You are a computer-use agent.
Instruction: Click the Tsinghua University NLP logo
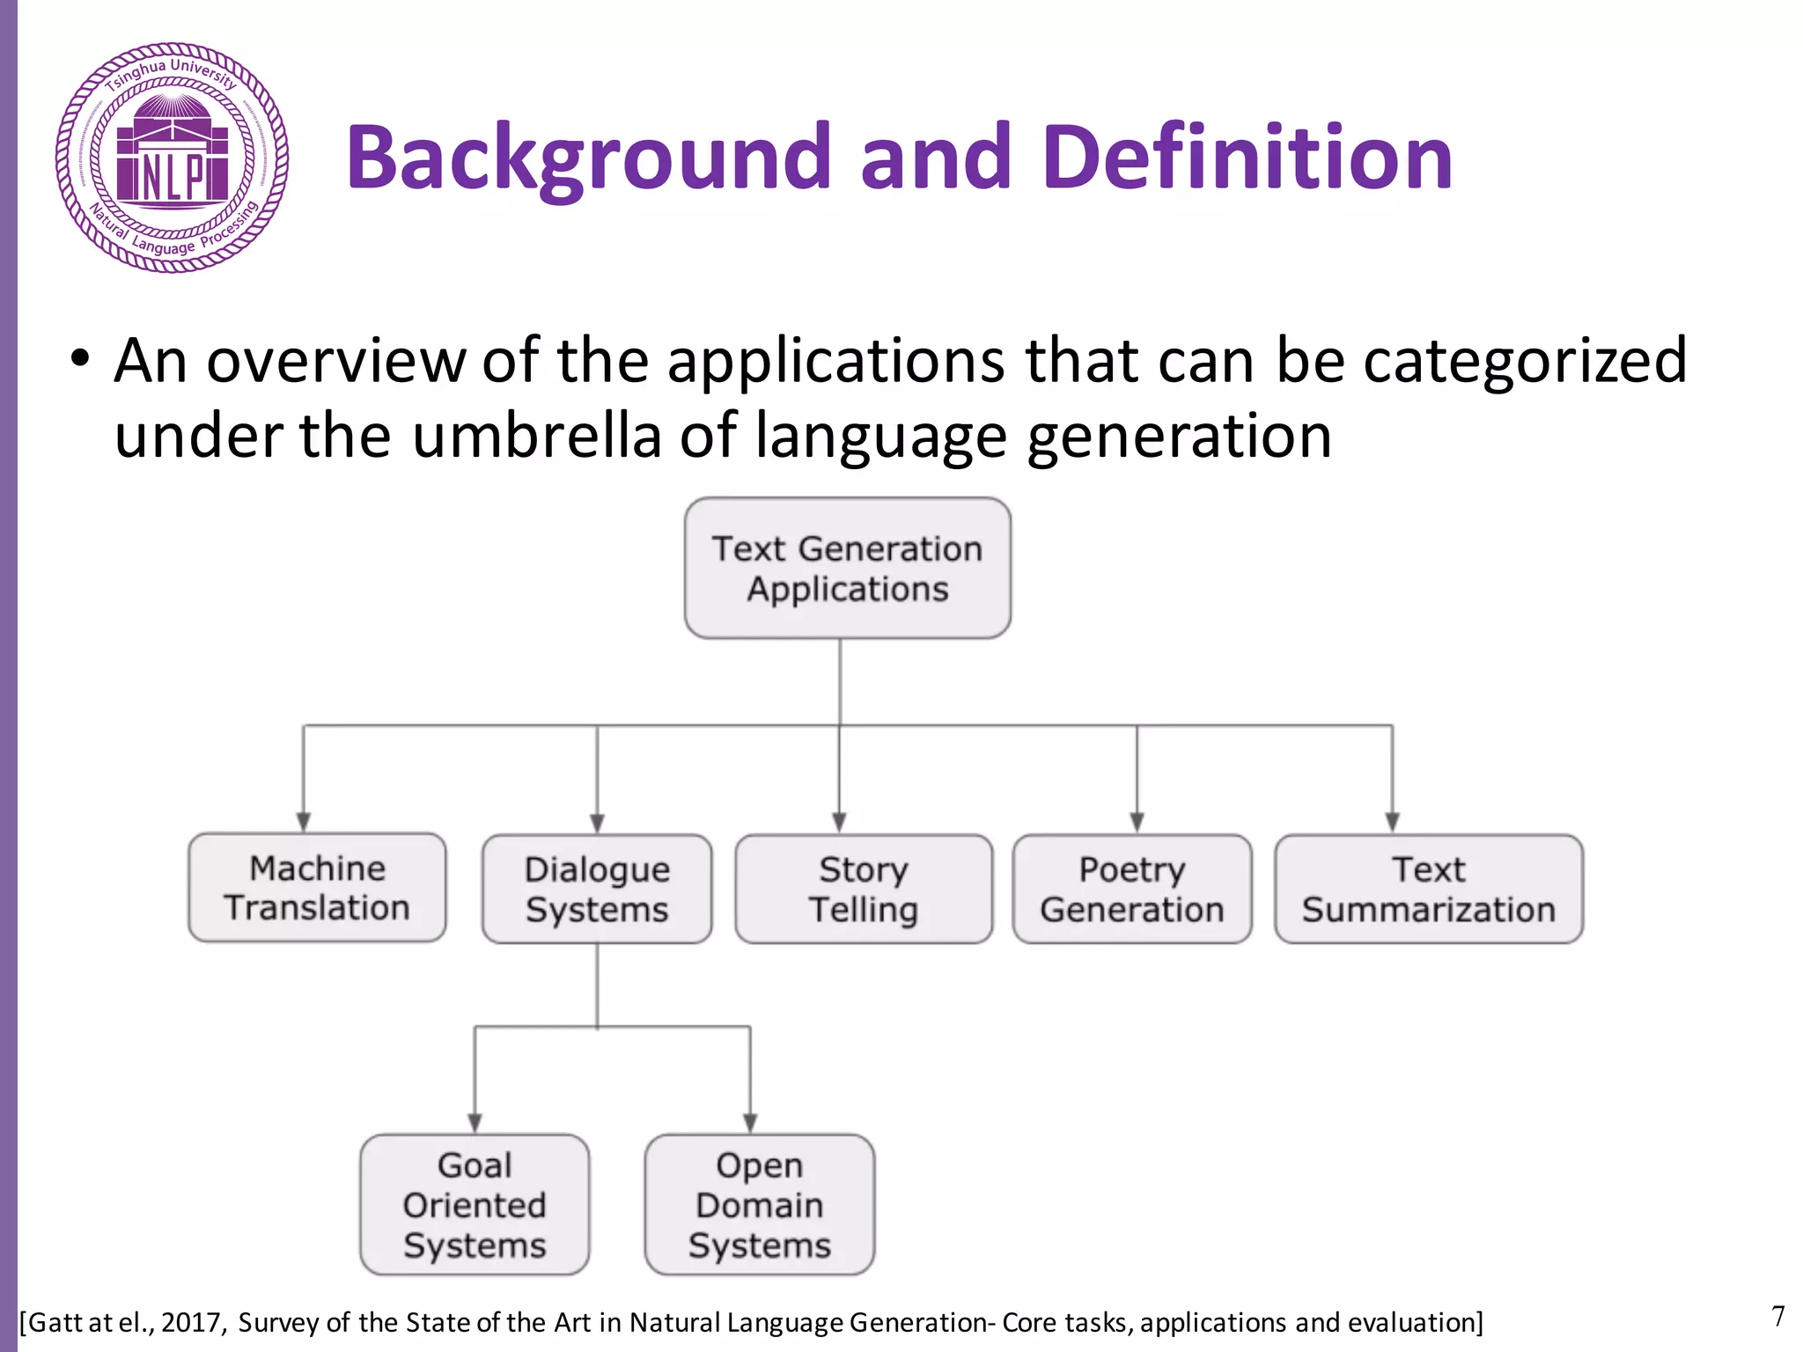pos(172,158)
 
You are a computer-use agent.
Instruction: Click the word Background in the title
pos(588,158)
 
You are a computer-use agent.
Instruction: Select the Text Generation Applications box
pos(847,569)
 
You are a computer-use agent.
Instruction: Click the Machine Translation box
pos(317,888)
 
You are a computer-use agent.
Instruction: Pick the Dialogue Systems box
pos(597,890)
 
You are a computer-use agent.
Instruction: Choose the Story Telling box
pos(864,890)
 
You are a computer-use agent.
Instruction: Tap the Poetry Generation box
pos(1132,890)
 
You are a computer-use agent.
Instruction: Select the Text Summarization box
pos(1428,890)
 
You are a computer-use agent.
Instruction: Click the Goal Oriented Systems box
pos(475,1205)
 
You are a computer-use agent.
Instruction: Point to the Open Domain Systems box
pos(759,1205)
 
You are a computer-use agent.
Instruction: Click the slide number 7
pos(1777,1317)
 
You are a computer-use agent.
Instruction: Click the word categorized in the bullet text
pos(1525,361)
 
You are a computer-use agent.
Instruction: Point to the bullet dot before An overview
pos(80,361)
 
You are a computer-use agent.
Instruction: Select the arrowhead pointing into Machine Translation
pos(304,822)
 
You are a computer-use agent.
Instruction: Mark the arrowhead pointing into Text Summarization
pos(1392,822)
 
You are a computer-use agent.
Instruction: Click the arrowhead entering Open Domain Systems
pos(750,1123)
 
